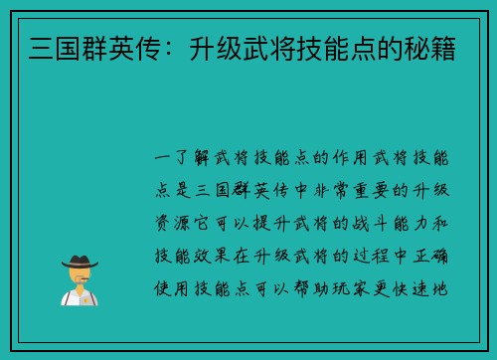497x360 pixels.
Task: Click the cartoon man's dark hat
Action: click(x=79, y=262)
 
